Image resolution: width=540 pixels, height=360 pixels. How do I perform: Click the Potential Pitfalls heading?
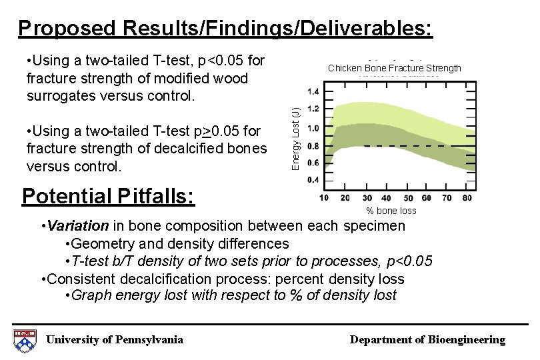tap(108, 196)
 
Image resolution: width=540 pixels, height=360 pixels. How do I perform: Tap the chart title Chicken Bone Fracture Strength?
tap(394, 68)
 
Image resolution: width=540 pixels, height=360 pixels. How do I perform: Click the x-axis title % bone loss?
tap(391, 211)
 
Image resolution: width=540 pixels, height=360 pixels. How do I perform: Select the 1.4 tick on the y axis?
tap(312, 92)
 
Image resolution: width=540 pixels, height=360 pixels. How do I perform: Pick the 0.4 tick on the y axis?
tap(312, 180)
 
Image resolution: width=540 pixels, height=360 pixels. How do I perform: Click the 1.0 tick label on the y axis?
tap(312, 128)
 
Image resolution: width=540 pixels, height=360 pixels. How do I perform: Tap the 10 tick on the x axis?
tap(325, 197)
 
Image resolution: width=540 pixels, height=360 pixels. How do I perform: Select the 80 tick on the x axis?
tap(466, 197)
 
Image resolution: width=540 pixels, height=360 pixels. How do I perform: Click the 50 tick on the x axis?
tap(407, 197)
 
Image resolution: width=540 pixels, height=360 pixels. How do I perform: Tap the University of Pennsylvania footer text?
tap(114, 340)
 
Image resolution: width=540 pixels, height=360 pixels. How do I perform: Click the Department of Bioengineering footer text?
tap(427, 340)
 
